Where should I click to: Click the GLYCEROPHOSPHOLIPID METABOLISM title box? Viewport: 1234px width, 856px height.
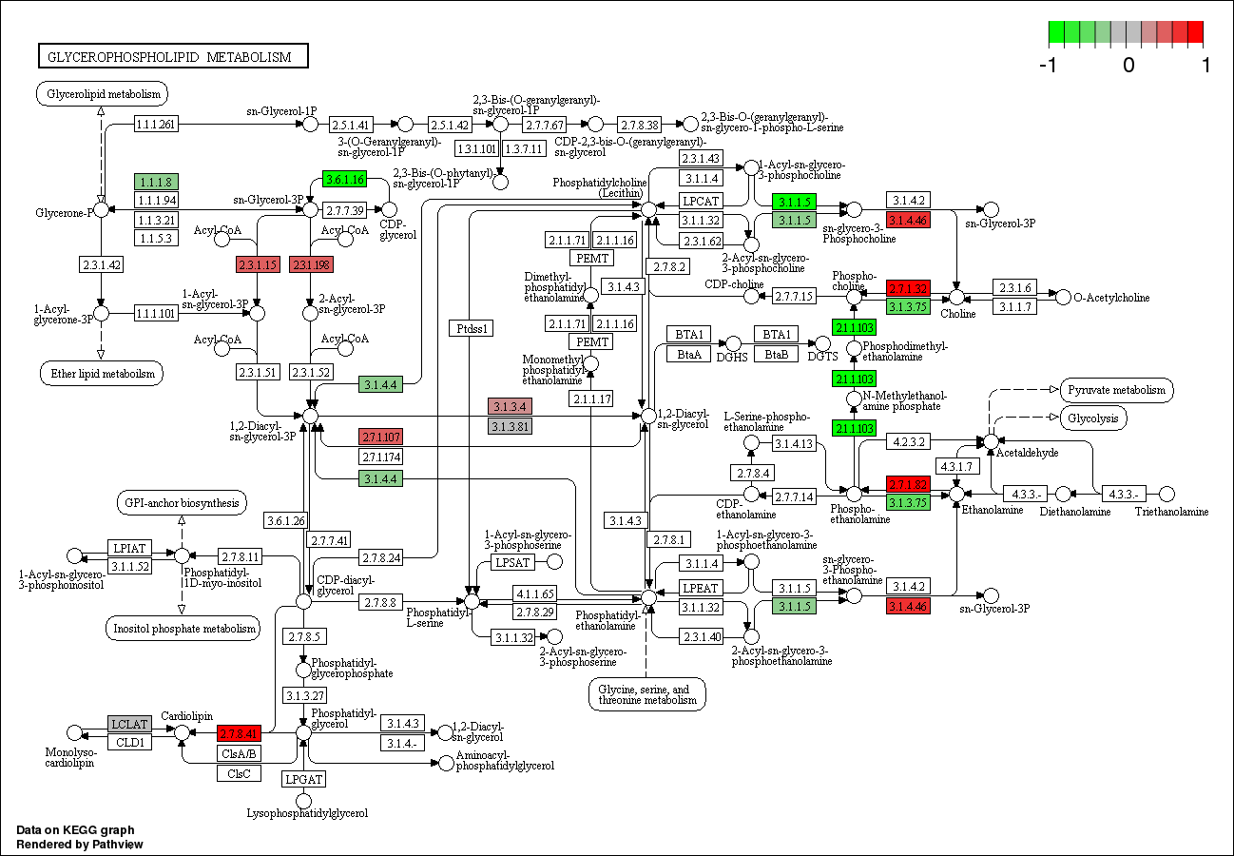(173, 57)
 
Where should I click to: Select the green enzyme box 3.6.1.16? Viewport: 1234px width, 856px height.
(344, 180)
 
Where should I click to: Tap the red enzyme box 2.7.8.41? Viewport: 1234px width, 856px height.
(239, 733)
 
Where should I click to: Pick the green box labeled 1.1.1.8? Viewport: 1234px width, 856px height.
(157, 182)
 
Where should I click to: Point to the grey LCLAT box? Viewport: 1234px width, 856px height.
(129, 724)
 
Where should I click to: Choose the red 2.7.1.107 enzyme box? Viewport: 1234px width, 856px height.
(380, 438)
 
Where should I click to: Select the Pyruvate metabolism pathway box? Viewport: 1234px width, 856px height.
(1116, 390)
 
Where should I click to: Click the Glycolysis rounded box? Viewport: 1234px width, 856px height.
(1094, 418)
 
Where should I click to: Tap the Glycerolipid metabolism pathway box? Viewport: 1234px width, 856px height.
(103, 94)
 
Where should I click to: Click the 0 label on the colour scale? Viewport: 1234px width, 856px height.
(1128, 66)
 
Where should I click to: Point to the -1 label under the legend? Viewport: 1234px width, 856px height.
(1049, 66)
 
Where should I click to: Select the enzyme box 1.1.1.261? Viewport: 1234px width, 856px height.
(157, 125)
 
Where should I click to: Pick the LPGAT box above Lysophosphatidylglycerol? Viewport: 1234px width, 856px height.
(304, 779)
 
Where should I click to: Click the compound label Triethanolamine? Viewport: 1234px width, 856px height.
(1171, 512)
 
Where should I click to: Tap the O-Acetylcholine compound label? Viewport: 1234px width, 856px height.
(1111, 298)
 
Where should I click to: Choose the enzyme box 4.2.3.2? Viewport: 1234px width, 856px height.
(909, 441)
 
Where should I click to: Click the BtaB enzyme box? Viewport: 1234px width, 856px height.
(777, 354)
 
